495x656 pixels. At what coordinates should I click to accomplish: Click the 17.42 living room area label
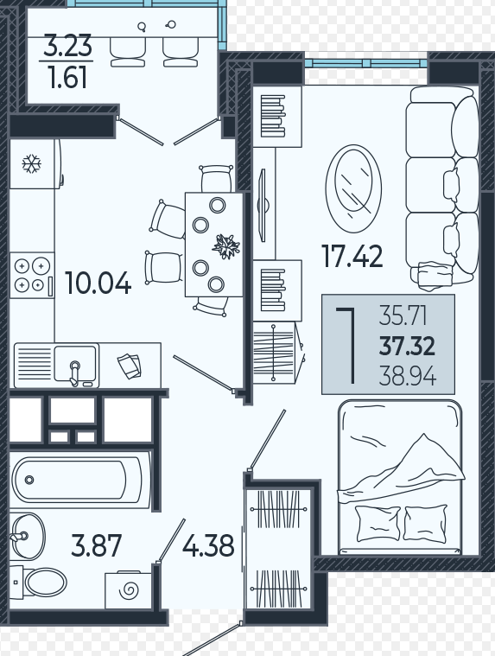pos(352,256)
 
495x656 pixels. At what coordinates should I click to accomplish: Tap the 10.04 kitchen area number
pos(98,283)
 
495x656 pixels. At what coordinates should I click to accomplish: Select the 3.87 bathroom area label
pos(96,545)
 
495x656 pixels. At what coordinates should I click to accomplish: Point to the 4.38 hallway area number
pos(208,545)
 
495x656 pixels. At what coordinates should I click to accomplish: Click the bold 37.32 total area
pos(407,347)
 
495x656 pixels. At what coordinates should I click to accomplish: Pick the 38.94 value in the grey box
pos(408,376)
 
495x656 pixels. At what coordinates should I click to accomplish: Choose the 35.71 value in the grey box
pos(403,315)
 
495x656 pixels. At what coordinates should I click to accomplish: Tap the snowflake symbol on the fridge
pos(31,163)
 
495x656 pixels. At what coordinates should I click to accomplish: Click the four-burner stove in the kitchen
pos(32,276)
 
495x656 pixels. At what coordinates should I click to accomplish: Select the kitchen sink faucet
pos(75,373)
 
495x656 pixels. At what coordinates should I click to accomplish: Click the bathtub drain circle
pos(29,480)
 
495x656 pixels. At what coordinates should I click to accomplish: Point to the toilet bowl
pos(45,582)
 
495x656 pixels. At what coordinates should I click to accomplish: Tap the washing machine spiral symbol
pos(130,590)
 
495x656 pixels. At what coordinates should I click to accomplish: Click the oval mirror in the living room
pos(353,188)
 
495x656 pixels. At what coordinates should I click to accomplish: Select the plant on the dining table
pos(226,246)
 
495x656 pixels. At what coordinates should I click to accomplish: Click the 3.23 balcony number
pos(67,46)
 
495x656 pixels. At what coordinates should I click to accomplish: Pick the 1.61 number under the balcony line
pos(67,78)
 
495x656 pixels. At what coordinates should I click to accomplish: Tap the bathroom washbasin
pos(27,536)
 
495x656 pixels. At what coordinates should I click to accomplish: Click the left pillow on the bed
pos(378,525)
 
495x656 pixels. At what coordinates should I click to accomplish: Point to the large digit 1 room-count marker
pos(349,346)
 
